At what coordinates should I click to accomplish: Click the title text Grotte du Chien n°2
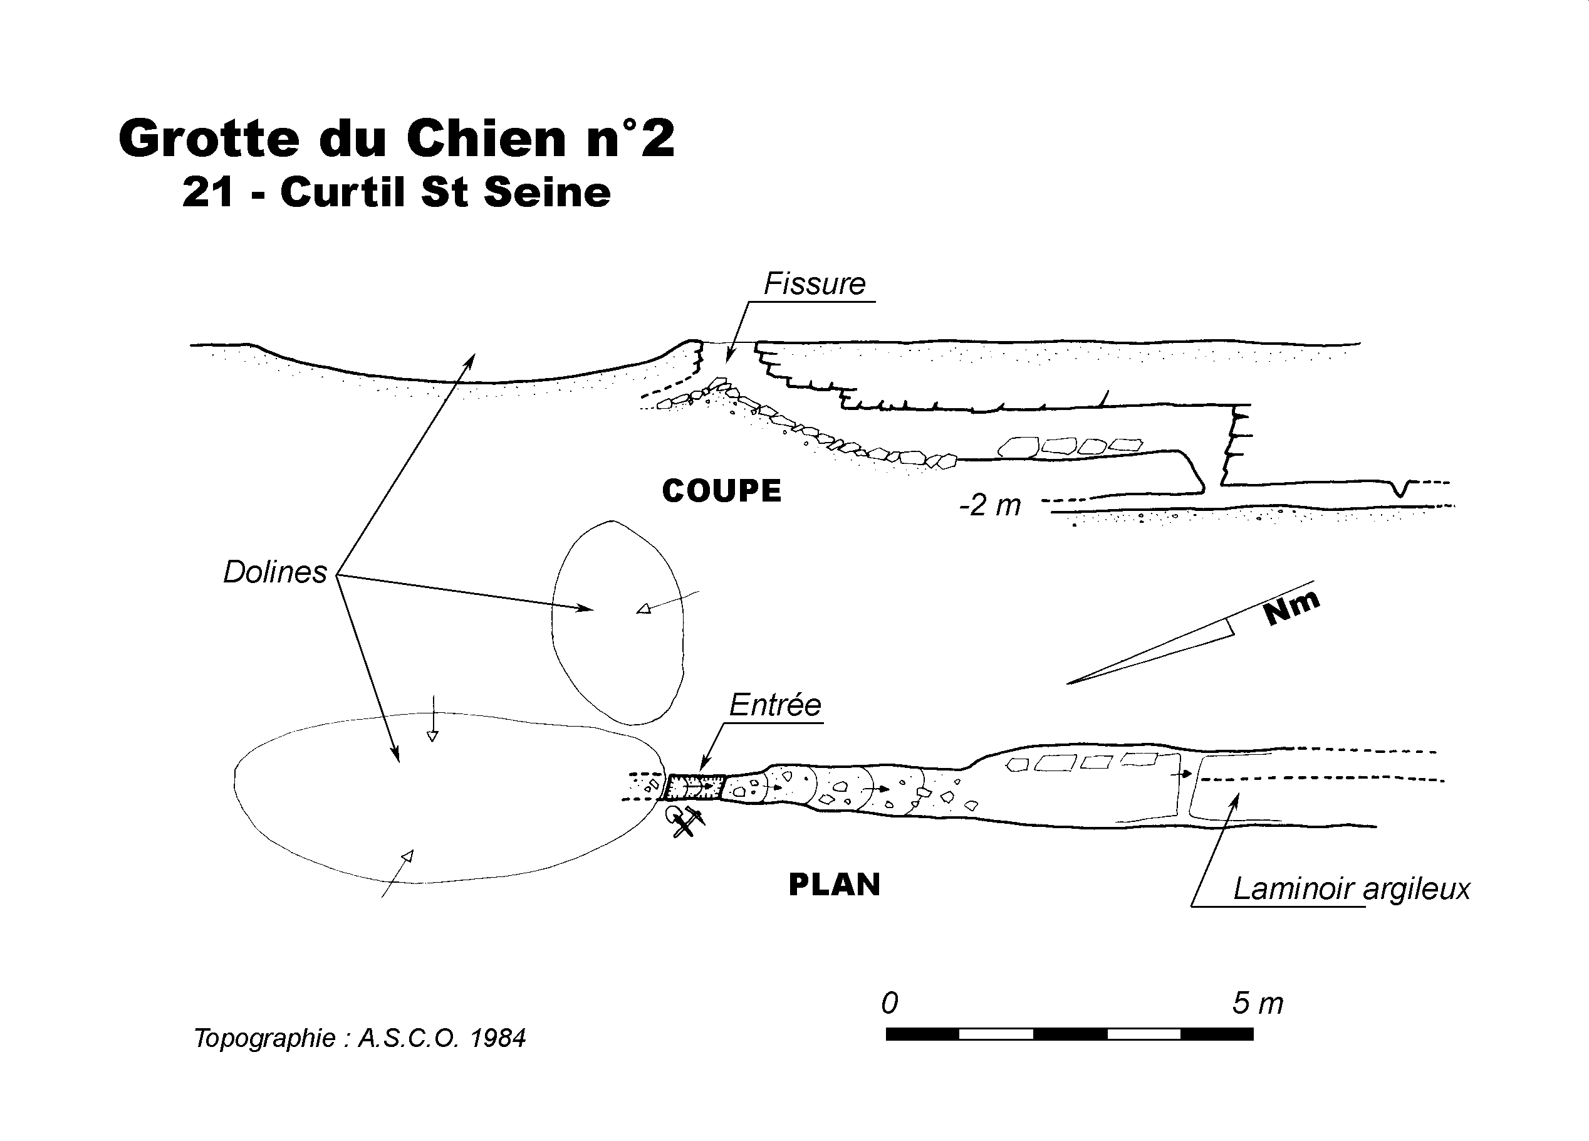click(x=397, y=138)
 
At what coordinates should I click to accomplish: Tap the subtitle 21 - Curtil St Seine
click(x=397, y=192)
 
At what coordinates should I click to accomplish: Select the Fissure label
click(x=814, y=284)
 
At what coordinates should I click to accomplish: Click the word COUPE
click(x=722, y=491)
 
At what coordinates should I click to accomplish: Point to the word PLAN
click(x=835, y=885)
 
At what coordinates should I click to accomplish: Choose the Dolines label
click(x=274, y=572)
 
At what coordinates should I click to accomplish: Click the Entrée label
click(x=775, y=705)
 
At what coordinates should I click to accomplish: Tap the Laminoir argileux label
click(x=1351, y=889)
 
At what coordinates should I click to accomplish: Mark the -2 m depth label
click(x=990, y=505)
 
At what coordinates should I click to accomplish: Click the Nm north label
click(x=1291, y=607)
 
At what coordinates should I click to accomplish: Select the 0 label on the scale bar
click(x=889, y=1003)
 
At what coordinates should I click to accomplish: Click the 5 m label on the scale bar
click(x=1258, y=1003)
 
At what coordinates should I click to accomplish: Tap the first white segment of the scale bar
click(x=996, y=1034)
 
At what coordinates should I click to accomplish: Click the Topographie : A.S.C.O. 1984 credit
click(x=360, y=1038)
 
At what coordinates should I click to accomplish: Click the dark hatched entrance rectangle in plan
click(x=694, y=786)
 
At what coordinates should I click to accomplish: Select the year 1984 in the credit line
click(x=498, y=1038)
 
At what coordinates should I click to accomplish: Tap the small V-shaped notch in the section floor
click(x=1400, y=488)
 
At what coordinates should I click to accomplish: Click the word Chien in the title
click(x=486, y=138)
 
